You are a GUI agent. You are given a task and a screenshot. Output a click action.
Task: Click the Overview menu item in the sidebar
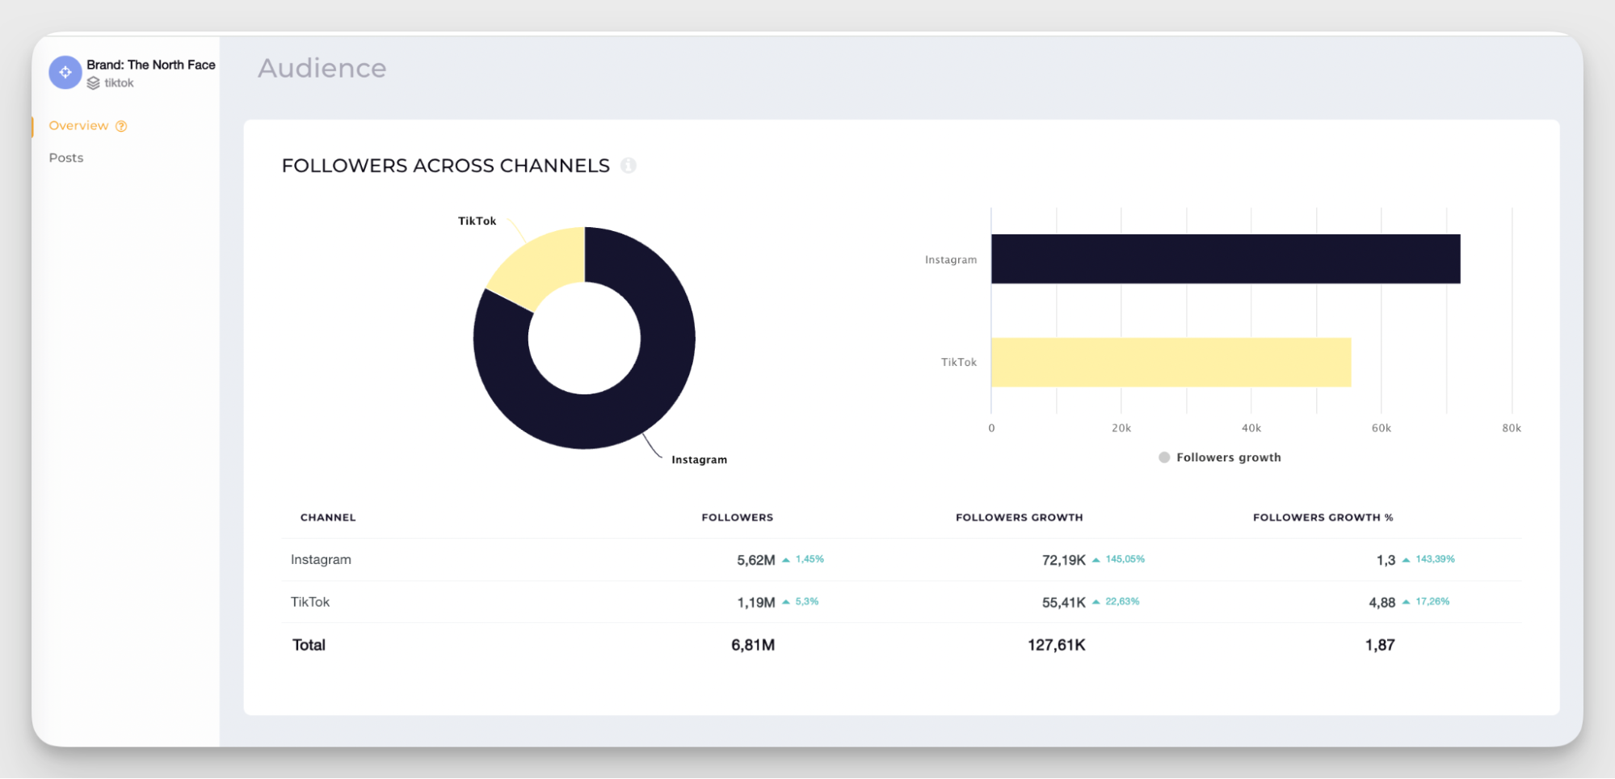coord(78,125)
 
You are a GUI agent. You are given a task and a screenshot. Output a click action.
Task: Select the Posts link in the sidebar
coord(66,158)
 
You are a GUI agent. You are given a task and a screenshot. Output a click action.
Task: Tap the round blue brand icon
coord(65,73)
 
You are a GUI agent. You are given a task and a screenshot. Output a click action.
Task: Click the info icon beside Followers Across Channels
coord(629,166)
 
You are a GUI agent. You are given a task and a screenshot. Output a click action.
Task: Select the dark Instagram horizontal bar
coord(1225,259)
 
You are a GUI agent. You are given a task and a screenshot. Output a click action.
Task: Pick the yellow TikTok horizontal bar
coord(1171,362)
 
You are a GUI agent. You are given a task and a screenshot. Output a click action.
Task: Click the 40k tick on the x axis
coord(1251,428)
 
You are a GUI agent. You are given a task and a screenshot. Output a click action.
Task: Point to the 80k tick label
coord(1511,428)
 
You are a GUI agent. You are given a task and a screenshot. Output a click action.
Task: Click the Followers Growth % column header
coord(1323,517)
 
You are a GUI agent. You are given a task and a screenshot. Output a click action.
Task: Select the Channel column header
coord(328,517)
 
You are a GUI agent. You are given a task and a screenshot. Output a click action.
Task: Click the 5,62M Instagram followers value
coord(755,560)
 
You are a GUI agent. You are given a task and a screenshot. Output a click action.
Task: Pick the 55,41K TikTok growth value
coord(1063,603)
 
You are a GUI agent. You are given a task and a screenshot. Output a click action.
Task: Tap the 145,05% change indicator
coord(1125,559)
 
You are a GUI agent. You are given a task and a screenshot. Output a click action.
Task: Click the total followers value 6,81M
coord(753,645)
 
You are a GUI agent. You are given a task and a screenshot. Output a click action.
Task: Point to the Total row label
coord(309,645)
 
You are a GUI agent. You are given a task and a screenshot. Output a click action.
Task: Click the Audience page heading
coord(322,68)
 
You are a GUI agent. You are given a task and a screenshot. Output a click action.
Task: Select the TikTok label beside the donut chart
coord(477,221)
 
